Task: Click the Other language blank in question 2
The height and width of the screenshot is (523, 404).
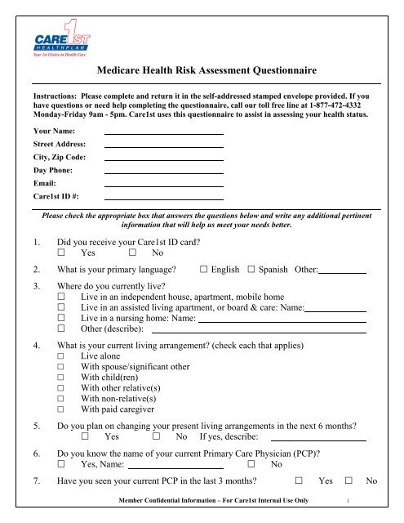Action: pyautogui.click(x=341, y=270)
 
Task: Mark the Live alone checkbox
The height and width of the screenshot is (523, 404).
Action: pyautogui.click(x=61, y=357)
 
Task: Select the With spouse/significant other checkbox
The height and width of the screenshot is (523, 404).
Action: pyautogui.click(x=61, y=370)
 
